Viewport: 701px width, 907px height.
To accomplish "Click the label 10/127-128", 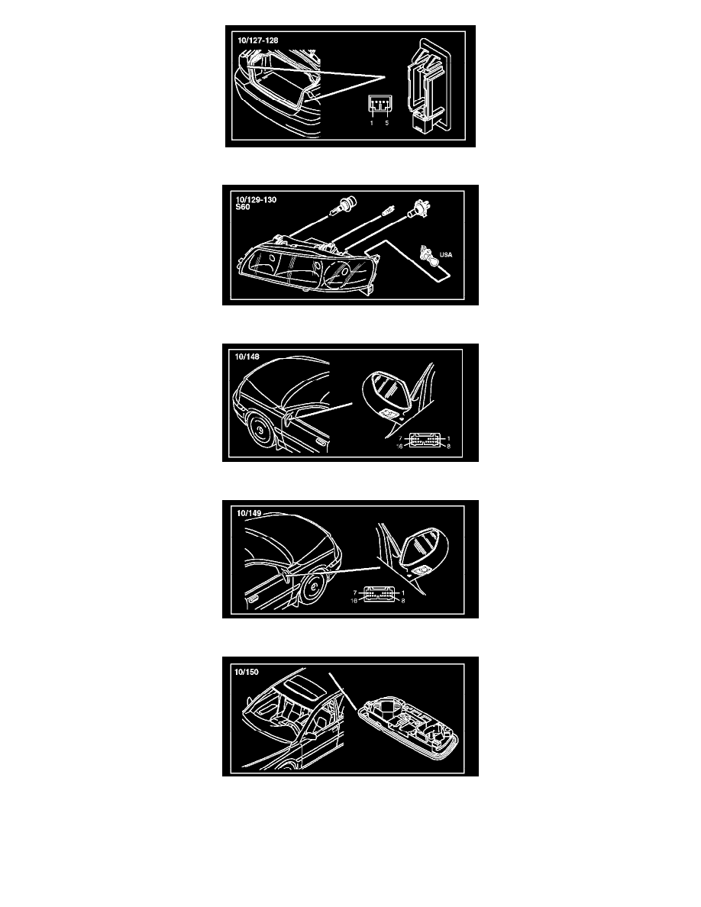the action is pos(257,40).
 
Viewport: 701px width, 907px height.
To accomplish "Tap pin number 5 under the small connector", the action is pos(387,123).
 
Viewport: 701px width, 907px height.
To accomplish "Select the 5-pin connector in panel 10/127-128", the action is pos(379,105).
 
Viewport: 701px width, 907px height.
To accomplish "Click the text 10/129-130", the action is pos(256,199).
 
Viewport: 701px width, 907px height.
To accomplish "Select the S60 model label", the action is pos(242,207).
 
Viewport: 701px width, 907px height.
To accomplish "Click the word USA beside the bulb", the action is pos(446,254).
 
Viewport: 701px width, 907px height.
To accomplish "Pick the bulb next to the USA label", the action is pos(428,253).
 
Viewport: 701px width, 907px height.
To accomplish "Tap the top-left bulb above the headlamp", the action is pos(344,205).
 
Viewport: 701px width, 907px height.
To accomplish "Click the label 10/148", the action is pos(247,357).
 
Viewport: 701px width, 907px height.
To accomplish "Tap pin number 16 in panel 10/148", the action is pos(399,446).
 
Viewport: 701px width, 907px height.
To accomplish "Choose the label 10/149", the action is pos(249,513).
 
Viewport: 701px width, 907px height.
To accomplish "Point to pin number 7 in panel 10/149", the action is pos(355,593).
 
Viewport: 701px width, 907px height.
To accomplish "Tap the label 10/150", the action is pos(247,672).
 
